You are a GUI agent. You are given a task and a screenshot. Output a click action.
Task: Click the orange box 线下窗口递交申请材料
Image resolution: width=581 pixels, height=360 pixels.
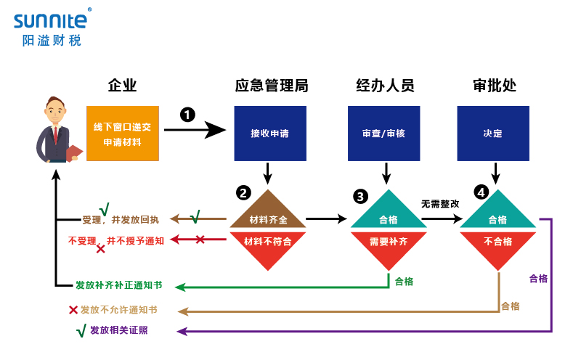click(x=122, y=134)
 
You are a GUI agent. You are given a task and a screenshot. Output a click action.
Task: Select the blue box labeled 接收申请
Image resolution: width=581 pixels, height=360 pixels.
click(x=269, y=134)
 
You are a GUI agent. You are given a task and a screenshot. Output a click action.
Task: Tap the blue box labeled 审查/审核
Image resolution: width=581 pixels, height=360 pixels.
click(x=383, y=134)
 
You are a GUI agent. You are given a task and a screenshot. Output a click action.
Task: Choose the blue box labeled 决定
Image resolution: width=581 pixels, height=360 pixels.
click(x=493, y=134)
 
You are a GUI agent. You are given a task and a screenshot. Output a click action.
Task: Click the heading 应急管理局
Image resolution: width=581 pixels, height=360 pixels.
click(x=271, y=86)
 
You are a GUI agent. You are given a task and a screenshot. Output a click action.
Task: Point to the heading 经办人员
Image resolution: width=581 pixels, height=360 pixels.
click(x=385, y=86)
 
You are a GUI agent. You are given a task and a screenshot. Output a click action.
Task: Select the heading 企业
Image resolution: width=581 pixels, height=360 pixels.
click(x=122, y=86)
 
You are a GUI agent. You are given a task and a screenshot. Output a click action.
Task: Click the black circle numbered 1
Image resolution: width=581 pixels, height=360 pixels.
click(x=187, y=115)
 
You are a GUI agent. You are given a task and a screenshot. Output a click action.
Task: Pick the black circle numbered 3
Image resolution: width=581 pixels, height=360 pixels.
click(x=360, y=196)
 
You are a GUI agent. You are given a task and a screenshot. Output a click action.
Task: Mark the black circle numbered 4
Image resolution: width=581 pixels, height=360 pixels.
click(x=481, y=192)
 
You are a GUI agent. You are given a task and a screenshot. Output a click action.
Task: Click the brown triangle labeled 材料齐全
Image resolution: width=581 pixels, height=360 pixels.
click(x=268, y=215)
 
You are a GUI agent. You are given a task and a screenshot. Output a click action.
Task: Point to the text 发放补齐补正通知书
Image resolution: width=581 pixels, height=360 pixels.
click(x=118, y=285)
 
